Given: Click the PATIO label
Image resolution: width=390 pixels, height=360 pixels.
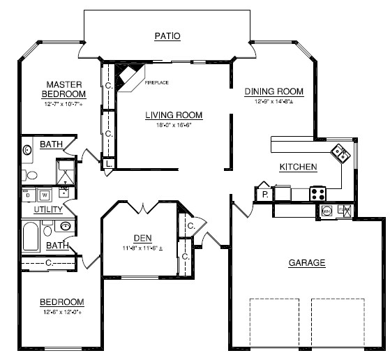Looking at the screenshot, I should [167, 36].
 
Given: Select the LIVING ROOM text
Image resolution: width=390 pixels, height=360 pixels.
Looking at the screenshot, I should [174, 115].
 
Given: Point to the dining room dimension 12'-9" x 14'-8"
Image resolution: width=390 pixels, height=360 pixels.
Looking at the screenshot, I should [273, 102].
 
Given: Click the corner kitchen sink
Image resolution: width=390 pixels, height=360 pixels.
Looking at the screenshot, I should [340, 153].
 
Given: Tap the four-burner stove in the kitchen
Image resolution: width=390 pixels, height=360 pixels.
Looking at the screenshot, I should [317, 193].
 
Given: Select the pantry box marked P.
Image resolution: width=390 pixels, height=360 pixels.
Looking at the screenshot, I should [265, 193].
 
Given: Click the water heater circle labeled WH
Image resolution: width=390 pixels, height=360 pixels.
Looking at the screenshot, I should [327, 209].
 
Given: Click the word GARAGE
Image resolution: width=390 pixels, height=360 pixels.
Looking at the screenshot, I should [307, 263].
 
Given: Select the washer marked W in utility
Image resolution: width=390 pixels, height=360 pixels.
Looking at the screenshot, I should [45, 195].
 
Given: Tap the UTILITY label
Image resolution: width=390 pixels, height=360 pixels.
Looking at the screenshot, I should [48, 209].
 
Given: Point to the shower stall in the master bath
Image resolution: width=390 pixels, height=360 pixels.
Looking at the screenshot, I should [66, 171].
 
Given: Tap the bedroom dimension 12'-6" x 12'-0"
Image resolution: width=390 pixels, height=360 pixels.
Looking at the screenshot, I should [61, 313].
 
